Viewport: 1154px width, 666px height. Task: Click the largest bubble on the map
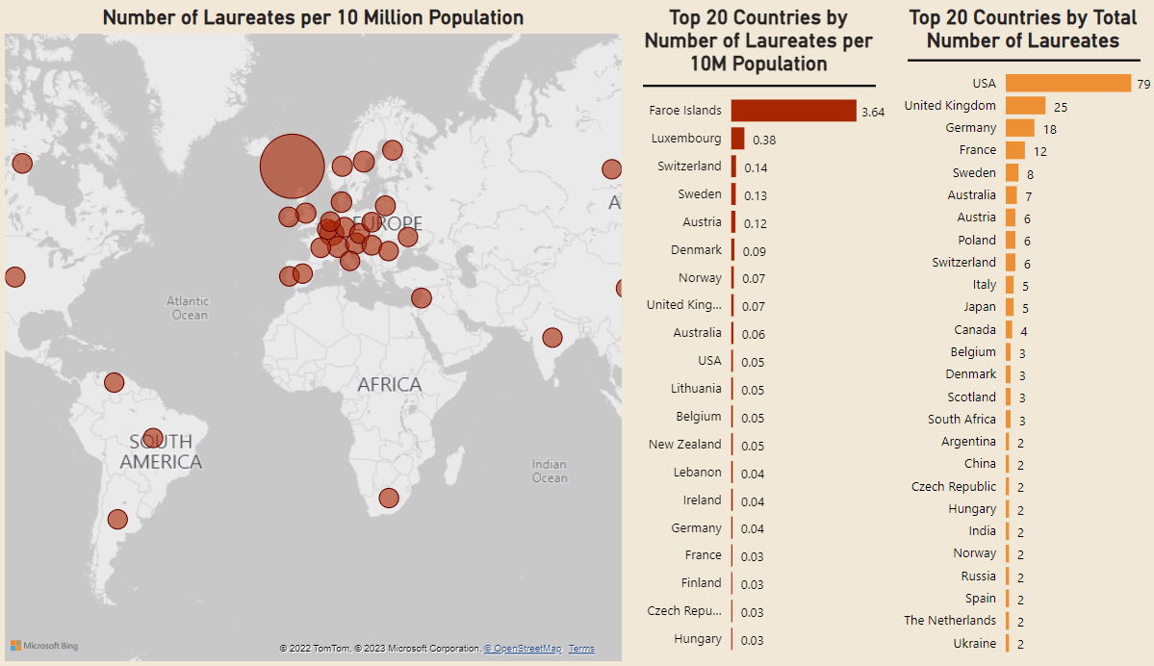tap(293, 166)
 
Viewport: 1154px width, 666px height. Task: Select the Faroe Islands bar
tap(793, 111)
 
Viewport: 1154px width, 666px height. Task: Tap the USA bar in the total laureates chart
tap(1068, 83)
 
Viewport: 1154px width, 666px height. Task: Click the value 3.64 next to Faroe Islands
tap(873, 113)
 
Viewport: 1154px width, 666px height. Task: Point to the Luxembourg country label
tap(686, 139)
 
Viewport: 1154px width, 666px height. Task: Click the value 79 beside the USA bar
tap(1143, 85)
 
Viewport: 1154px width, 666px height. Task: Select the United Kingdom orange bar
tap(1025, 106)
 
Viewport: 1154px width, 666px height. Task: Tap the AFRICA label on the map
tap(390, 384)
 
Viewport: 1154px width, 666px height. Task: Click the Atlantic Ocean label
tap(189, 308)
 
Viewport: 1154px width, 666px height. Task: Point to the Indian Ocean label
tap(550, 471)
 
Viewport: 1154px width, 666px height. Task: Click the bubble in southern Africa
tap(389, 499)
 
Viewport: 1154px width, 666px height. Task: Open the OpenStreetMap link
tap(523, 649)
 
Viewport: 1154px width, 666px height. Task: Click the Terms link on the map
tap(581, 649)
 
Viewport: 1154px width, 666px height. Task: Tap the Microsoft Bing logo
tap(44, 646)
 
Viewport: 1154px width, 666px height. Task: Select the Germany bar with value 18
tap(1020, 128)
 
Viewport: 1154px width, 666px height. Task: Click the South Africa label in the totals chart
tap(962, 419)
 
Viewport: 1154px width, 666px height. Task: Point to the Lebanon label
tap(697, 473)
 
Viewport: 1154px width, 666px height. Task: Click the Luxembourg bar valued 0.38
tap(737, 139)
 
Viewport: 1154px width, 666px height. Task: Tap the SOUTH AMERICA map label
tap(161, 451)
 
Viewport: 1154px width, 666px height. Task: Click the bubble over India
tap(552, 338)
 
